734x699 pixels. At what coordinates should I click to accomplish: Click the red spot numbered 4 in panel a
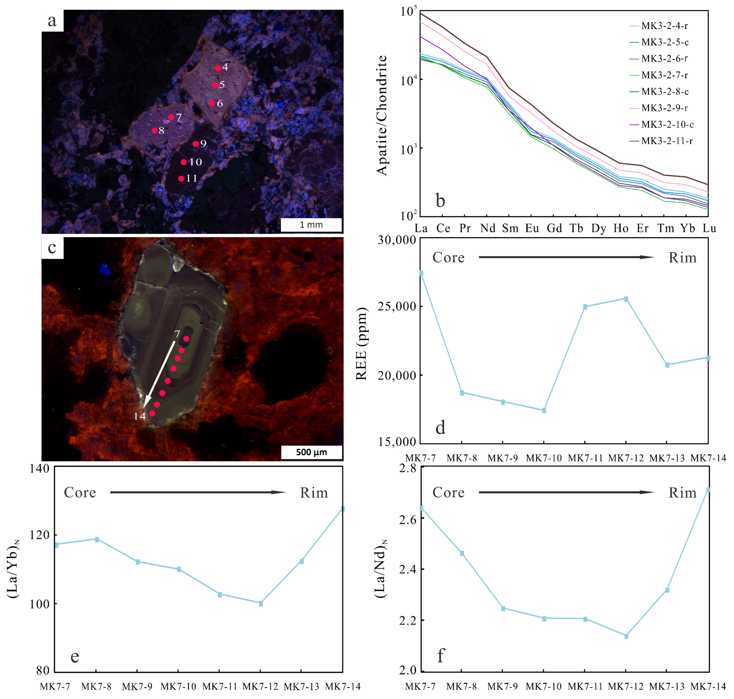(x=218, y=68)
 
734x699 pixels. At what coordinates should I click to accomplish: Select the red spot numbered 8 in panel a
(x=154, y=130)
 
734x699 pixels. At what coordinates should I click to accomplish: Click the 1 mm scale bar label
(x=311, y=225)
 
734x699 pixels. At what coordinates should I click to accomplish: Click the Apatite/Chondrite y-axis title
(x=382, y=115)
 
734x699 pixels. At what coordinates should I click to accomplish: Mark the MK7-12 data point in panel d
(x=626, y=299)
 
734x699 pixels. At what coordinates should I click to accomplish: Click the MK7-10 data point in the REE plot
(x=544, y=410)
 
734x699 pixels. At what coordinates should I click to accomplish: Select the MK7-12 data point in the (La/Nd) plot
(x=626, y=636)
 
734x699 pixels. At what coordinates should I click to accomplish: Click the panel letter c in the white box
(x=52, y=248)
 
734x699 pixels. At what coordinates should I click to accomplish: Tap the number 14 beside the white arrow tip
(x=140, y=416)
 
